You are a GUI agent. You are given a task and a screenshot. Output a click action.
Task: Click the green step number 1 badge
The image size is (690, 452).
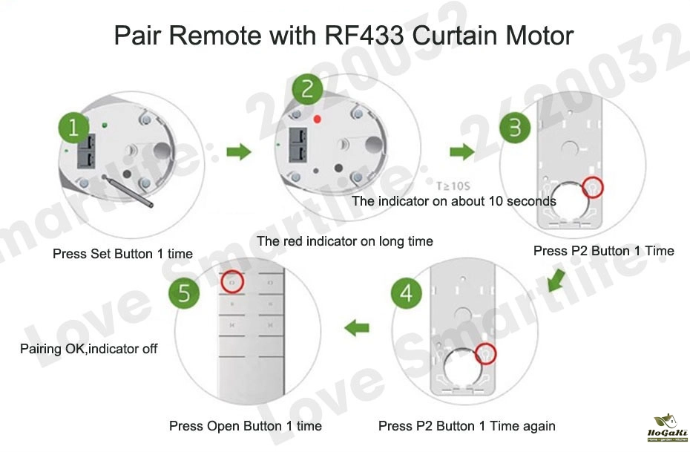[x=74, y=129]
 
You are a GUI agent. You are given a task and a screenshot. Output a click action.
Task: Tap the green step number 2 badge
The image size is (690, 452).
[x=307, y=91]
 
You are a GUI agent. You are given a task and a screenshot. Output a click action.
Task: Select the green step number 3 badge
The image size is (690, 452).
[x=515, y=128]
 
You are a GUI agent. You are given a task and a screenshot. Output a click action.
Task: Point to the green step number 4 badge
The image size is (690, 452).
[x=406, y=294]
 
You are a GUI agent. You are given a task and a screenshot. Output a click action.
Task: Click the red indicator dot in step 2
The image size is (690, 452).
[x=318, y=119]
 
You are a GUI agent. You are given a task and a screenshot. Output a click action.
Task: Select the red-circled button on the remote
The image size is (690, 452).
[x=231, y=281]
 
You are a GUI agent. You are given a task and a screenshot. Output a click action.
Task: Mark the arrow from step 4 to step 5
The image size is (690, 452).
[x=359, y=326]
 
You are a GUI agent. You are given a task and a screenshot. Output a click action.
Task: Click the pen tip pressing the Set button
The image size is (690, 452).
[x=107, y=179]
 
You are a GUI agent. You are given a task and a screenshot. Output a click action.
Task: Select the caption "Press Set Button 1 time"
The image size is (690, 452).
[x=122, y=254]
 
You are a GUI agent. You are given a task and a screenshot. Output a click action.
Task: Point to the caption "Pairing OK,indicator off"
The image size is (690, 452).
[x=88, y=348]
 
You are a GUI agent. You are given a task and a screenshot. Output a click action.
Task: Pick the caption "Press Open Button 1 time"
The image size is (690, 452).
[x=245, y=426]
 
